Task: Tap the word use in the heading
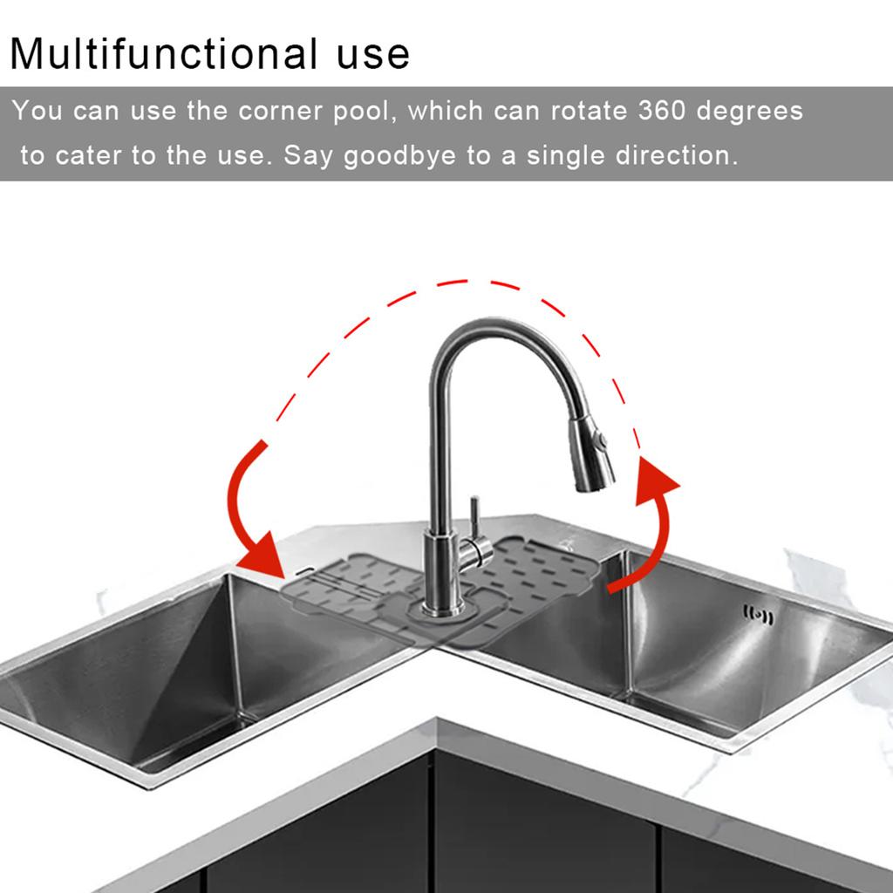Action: point(372,54)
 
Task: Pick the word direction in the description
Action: point(677,156)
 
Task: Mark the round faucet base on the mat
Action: point(435,606)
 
